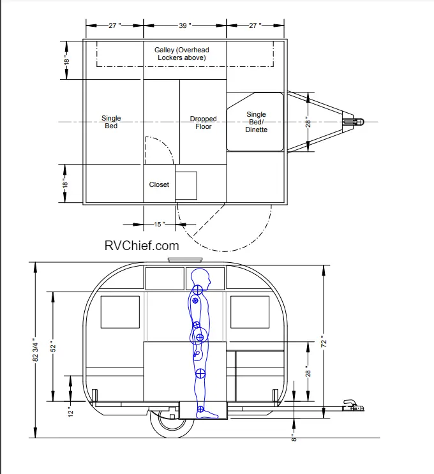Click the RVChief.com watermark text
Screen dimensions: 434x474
coord(142,246)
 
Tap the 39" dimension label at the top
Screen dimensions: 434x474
coord(185,26)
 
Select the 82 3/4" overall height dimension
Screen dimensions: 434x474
coord(35,350)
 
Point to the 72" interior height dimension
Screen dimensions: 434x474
coord(324,343)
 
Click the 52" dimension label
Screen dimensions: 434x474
coord(53,347)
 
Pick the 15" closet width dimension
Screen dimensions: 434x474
coord(160,225)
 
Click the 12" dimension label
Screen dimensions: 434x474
coord(70,411)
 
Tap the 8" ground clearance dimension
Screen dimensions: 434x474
coord(294,438)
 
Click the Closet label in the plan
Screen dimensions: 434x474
coord(159,184)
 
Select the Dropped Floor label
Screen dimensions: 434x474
coord(203,122)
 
